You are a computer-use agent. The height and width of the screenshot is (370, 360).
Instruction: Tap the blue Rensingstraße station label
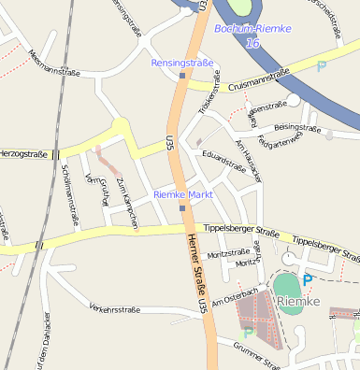coord(182,63)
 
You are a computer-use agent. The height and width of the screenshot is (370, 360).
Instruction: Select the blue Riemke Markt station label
coord(183,194)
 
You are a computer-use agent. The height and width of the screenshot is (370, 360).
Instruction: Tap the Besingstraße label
coord(297,126)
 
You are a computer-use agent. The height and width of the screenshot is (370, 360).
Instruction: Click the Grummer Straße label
coord(257,357)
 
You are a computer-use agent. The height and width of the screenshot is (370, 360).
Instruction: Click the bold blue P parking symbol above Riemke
coord(308,279)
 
